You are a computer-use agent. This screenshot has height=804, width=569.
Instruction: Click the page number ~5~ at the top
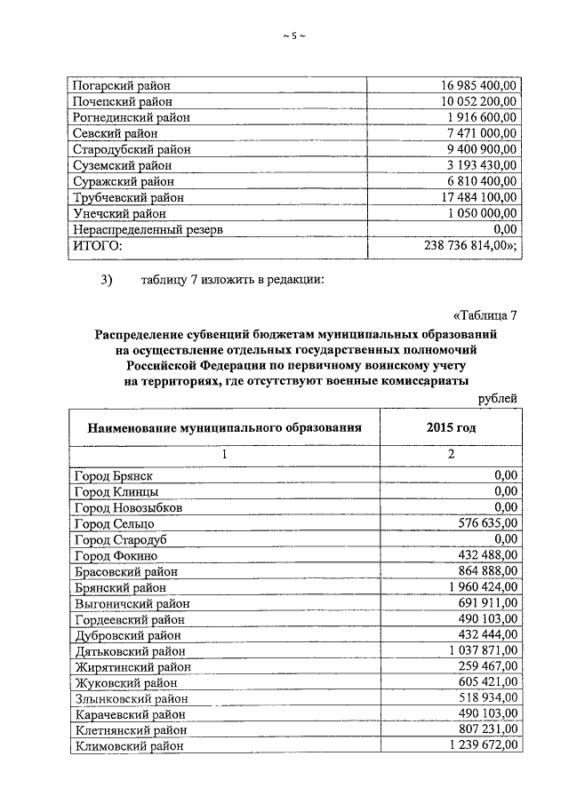tap(293, 36)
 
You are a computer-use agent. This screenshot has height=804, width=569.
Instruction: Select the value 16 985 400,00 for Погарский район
tap(478, 86)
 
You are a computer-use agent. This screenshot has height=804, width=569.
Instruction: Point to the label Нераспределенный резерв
tap(147, 229)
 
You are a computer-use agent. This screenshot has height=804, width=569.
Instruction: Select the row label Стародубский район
tap(131, 149)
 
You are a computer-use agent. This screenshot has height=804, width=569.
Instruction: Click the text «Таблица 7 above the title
tap(485, 316)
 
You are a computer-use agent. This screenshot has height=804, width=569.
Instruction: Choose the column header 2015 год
tap(451, 426)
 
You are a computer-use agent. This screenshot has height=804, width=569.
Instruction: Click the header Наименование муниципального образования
tap(224, 426)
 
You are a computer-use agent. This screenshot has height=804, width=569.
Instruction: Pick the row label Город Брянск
tap(115, 475)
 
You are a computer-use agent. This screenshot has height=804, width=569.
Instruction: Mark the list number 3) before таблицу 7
tap(108, 282)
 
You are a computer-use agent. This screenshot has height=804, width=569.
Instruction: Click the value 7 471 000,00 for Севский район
tap(481, 133)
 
